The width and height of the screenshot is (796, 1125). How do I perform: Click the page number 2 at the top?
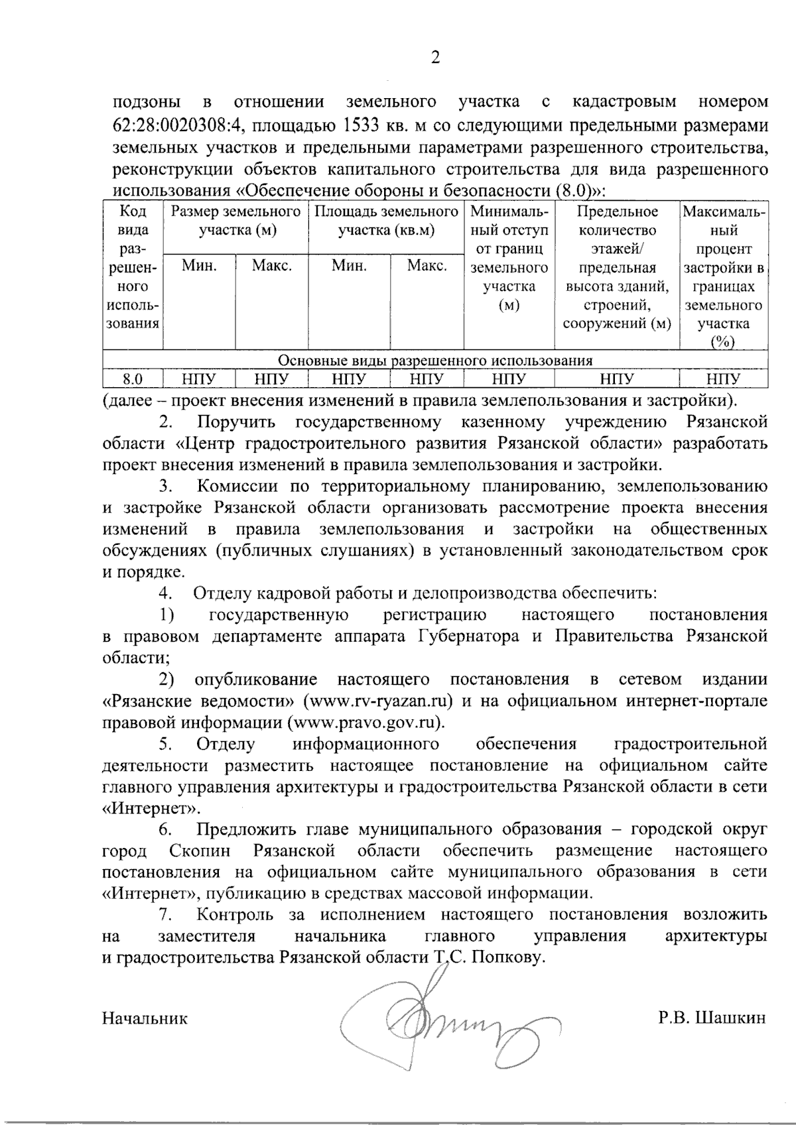pos(435,58)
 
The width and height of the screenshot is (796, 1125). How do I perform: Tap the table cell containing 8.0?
pos(133,379)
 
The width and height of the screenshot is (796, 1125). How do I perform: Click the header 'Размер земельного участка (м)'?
pos(236,221)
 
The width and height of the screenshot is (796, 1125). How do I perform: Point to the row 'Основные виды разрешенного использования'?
pos(434,361)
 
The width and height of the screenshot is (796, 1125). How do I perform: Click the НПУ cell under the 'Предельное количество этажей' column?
pos(617,379)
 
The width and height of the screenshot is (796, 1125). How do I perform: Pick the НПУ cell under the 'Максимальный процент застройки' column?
pos(724,379)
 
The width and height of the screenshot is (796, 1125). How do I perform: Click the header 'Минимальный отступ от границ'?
pos(509,259)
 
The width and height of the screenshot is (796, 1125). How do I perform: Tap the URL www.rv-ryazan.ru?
pos(379,701)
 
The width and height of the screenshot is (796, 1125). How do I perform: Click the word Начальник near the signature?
pos(145,1018)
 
